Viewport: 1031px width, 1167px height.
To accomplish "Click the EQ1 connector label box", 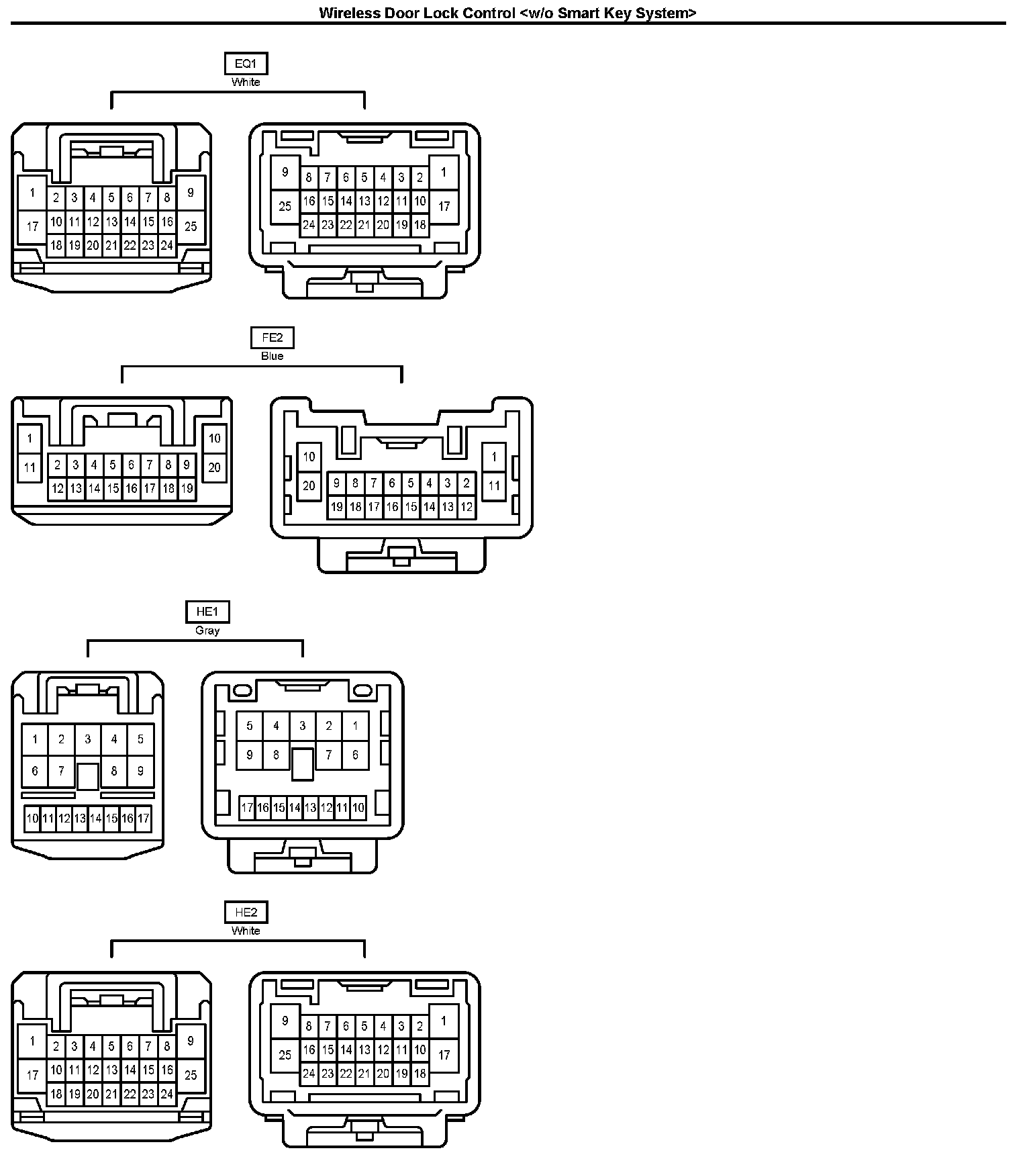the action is coord(246,64).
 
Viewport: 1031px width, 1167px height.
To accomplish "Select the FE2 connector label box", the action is coord(273,338).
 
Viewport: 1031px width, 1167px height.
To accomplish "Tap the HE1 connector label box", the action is coord(207,612).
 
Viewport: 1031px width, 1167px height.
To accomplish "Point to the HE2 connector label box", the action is coord(246,913).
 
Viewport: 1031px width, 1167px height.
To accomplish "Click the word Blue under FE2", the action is coord(273,356).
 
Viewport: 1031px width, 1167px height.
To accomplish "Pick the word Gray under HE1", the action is coord(207,631).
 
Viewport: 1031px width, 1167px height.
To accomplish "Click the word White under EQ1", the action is coord(246,82).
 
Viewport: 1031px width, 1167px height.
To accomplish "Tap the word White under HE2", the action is coord(246,931).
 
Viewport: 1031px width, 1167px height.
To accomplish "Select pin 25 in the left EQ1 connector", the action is coord(191,226).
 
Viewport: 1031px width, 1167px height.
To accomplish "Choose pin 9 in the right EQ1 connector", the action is coord(285,172).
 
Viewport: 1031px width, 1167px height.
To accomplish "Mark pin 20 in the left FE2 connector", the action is coord(215,467).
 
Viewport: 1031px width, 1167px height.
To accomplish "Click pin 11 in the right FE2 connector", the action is coord(494,485).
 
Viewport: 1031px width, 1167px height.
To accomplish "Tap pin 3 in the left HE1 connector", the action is coord(88,739).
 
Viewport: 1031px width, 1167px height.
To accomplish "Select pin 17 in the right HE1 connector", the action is coord(247,808).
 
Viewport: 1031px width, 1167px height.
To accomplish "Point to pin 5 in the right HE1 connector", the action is coord(250,726).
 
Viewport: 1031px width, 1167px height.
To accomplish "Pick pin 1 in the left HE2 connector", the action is coord(32,1042).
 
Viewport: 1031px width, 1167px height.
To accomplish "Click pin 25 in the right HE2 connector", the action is coord(285,1055).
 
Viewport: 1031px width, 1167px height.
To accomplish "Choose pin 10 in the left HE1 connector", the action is coord(32,819).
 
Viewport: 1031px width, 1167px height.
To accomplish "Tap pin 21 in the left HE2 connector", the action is coord(111,1094).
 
